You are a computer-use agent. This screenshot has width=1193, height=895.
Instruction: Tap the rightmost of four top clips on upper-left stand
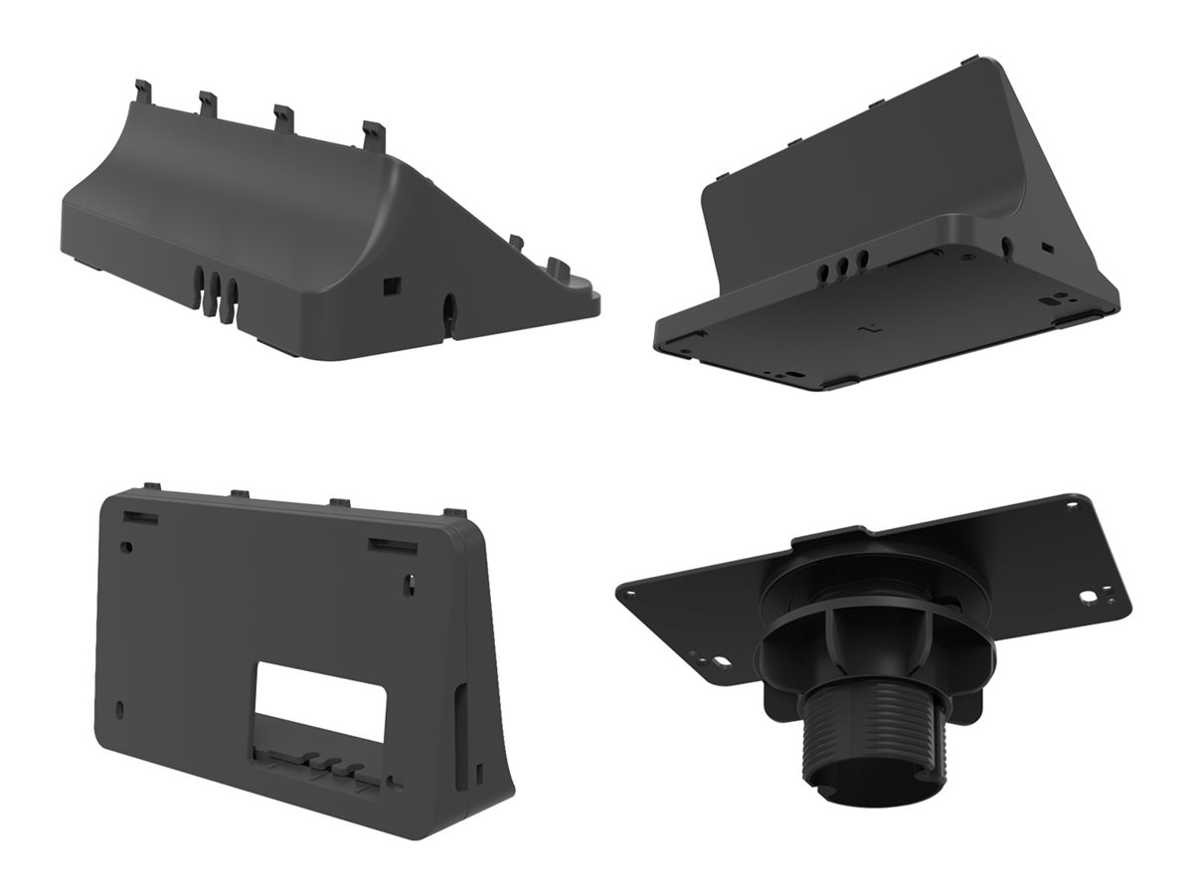coord(373,133)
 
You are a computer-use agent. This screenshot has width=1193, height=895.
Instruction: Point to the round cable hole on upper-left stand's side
coord(446,309)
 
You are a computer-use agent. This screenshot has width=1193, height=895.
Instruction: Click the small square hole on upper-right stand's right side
coord(1046,245)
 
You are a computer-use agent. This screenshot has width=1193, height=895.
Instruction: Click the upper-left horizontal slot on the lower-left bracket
coord(140,518)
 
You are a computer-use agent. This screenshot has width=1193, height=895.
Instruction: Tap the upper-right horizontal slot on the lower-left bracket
coord(392,544)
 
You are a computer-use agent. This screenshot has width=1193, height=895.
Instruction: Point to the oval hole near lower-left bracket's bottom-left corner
coord(121,709)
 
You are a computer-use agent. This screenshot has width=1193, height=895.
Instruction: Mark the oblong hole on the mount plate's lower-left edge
coord(716,659)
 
